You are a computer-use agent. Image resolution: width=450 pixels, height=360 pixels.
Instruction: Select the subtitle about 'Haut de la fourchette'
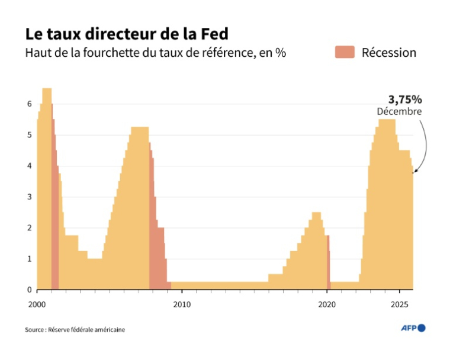pyautogui.click(x=155, y=53)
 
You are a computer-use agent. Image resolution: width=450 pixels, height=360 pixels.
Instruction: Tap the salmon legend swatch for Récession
pyautogui.click(x=345, y=52)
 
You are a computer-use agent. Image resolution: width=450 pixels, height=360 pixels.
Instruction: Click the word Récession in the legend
pyautogui.click(x=389, y=53)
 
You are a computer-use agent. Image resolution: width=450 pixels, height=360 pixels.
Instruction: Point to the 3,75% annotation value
pyautogui.click(x=405, y=99)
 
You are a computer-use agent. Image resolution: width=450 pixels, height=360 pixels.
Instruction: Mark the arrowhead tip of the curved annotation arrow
pyautogui.click(x=414, y=172)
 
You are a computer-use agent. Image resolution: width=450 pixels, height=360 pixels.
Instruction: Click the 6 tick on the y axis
pyautogui.click(x=29, y=104)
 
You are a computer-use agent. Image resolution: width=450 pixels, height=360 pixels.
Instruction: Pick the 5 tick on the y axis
pyautogui.click(x=29, y=135)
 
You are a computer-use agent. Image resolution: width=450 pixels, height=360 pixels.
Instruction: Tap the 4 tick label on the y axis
pyautogui.click(x=29, y=166)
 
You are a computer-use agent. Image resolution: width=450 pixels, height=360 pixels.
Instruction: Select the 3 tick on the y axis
pyautogui.click(x=29, y=197)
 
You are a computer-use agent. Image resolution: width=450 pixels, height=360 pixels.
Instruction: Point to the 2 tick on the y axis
pyautogui.click(x=29, y=228)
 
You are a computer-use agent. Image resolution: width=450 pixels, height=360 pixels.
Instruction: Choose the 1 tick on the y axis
pyautogui.click(x=29, y=259)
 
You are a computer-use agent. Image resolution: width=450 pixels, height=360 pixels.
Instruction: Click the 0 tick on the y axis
pyautogui.click(x=29, y=290)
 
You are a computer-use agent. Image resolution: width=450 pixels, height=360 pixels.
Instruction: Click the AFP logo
pyautogui.click(x=413, y=328)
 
